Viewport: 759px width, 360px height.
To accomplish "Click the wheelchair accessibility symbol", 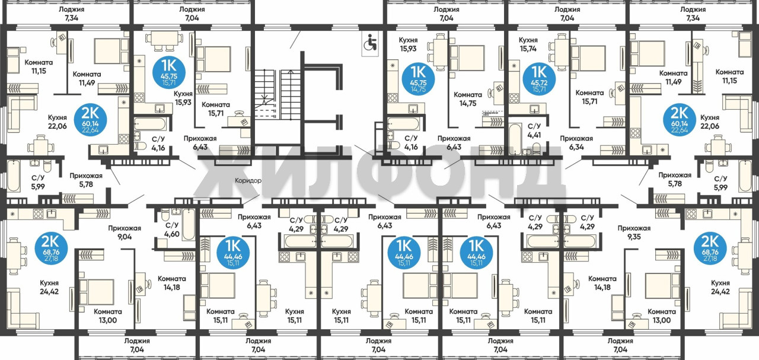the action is pyautogui.click(x=370, y=44).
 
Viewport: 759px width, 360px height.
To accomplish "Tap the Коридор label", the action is pyautogui.click(x=248, y=181).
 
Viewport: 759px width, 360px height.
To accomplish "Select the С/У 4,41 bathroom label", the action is pyautogui.click(x=534, y=130).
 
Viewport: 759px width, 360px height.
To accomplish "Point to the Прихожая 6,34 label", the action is pyautogui.click(x=576, y=143).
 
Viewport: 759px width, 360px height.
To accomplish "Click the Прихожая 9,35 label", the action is pyautogui.click(x=634, y=232).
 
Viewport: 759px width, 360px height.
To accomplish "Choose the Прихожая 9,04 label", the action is pyautogui.click(x=125, y=232).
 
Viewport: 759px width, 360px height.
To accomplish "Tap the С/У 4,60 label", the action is pyautogui.click(x=172, y=230).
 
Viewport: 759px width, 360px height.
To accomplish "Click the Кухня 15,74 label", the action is pyautogui.click(x=528, y=44).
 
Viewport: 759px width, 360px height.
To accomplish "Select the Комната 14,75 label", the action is pyautogui.click(x=468, y=99).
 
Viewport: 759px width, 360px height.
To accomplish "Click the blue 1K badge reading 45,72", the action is pyautogui.click(x=539, y=80).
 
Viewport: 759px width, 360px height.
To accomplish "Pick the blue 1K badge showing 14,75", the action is pyautogui.click(x=418, y=80).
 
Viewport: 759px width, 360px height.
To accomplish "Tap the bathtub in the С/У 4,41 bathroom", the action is pyautogui.click(x=515, y=139).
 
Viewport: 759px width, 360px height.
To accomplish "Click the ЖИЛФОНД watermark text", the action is pyautogui.click(x=379, y=176).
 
